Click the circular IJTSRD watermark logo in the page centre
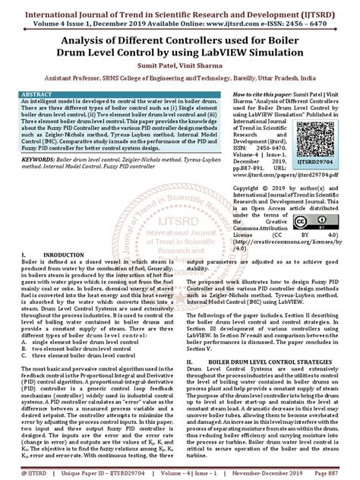pos(178,227)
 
